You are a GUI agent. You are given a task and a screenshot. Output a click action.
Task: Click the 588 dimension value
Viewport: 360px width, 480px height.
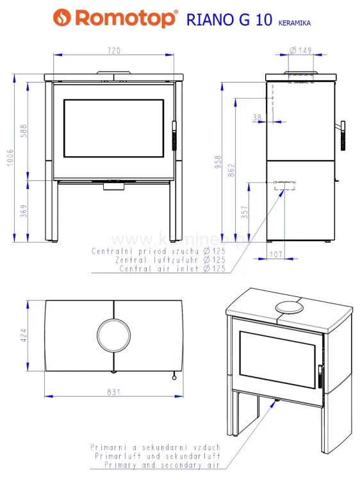point(24,131)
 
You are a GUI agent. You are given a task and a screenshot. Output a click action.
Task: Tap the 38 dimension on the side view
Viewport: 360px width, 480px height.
point(258,118)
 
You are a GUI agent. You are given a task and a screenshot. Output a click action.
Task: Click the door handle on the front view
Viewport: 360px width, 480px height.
point(174,137)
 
